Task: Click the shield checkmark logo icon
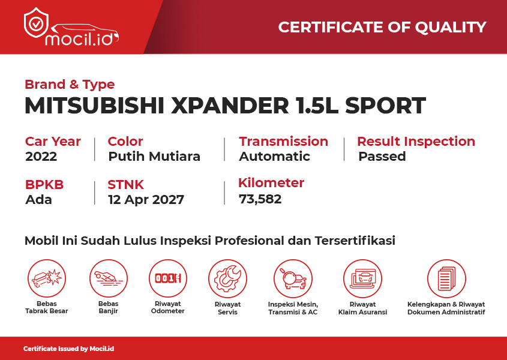tap(36, 23)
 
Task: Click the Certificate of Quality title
tap(382, 27)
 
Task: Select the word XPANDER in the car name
tap(230, 106)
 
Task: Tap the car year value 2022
tap(41, 157)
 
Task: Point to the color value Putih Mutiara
tap(154, 157)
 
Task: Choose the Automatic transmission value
tap(275, 157)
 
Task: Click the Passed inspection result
tap(382, 157)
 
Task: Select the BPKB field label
tap(44, 185)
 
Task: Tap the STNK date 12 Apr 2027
tap(146, 200)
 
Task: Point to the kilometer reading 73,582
tap(260, 199)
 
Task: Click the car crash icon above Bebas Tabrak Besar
tap(47, 278)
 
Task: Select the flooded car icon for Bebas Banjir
tap(109, 278)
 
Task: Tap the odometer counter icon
tap(168, 278)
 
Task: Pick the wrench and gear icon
tap(227, 278)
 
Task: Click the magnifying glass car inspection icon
tap(293, 278)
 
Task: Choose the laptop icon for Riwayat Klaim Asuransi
tap(362, 278)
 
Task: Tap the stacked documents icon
tap(446, 278)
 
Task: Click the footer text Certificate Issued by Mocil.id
tap(68, 349)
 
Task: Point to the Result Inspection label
tap(416, 142)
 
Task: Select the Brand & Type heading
tap(70, 85)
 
